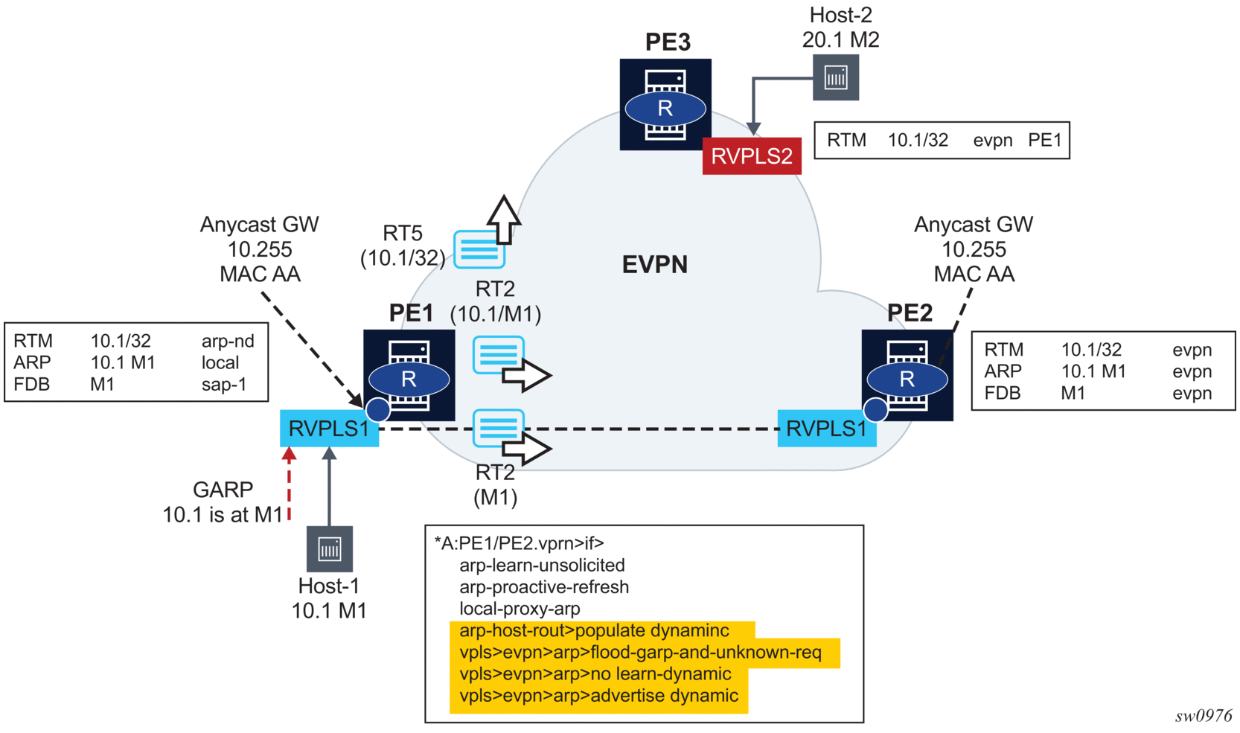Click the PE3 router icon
pyautogui.click(x=665, y=104)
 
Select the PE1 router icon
pyautogui.click(x=409, y=374)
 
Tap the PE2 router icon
pyautogui.click(x=907, y=374)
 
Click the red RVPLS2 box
pyautogui.click(x=751, y=156)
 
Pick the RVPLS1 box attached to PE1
pyautogui.click(x=329, y=429)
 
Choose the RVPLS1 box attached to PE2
pyautogui.click(x=826, y=429)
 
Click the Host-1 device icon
pyautogui.click(x=330, y=549)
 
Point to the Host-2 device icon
pyautogui.click(x=836, y=77)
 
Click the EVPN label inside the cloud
pyautogui.click(x=654, y=265)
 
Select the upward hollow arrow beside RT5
pyautogui.click(x=504, y=220)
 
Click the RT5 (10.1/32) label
pyautogui.click(x=403, y=246)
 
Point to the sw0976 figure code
pyautogui.click(x=1204, y=716)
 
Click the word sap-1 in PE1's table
pyautogui.click(x=223, y=385)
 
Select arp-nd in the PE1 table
pyautogui.click(x=228, y=341)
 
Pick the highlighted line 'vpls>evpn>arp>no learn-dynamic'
pyautogui.click(x=595, y=674)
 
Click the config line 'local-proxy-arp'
pyautogui.click(x=520, y=609)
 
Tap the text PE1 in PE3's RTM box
pyautogui.click(x=1044, y=141)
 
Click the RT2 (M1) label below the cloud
pyautogui.click(x=495, y=485)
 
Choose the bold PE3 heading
pyautogui.click(x=668, y=42)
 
